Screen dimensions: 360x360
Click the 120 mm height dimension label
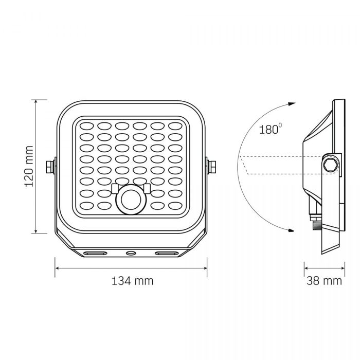29,167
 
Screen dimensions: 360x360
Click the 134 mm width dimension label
133,281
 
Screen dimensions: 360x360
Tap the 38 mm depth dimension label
324,281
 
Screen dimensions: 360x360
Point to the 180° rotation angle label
270,129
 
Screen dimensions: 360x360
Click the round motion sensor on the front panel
131,200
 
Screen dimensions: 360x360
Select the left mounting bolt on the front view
50,167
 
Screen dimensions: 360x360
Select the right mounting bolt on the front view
211,167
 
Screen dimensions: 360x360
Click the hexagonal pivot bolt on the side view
331,165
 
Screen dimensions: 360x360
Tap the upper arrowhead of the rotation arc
292,104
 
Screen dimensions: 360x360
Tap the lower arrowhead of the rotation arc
291,230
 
